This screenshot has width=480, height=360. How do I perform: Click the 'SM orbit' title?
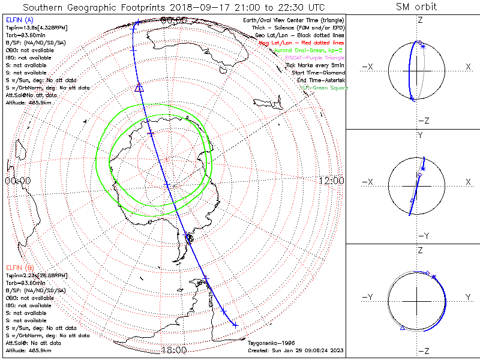[416, 7]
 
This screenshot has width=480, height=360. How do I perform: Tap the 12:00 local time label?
[331, 181]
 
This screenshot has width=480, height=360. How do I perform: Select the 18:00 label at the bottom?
[175, 350]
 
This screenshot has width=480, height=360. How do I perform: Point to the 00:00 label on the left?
[17, 181]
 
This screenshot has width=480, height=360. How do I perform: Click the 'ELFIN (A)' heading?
[19, 20]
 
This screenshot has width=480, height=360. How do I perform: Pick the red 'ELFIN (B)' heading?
[19, 267]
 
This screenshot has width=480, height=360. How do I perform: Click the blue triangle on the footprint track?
[140, 88]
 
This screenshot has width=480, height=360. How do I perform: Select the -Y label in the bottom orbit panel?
[369, 297]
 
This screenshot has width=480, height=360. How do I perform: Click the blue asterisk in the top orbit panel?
[422, 46]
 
